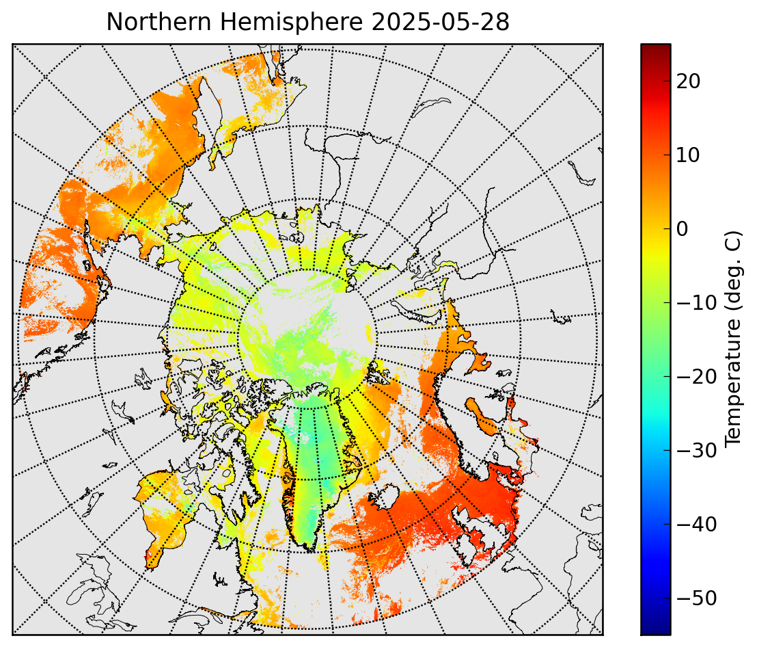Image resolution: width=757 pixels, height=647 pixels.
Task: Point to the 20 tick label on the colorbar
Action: click(x=689, y=81)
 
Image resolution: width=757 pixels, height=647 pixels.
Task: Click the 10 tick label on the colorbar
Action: click(x=689, y=155)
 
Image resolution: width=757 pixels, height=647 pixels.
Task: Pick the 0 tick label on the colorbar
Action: click(x=682, y=229)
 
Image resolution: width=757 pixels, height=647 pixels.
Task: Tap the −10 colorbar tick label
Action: click(x=697, y=303)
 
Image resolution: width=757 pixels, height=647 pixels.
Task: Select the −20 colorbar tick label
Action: click(x=697, y=377)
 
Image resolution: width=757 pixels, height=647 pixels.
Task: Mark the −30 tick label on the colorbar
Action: click(x=697, y=451)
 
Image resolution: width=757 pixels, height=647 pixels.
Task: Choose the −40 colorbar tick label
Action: click(x=697, y=525)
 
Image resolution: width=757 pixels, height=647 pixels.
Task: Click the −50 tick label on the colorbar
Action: click(x=697, y=598)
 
